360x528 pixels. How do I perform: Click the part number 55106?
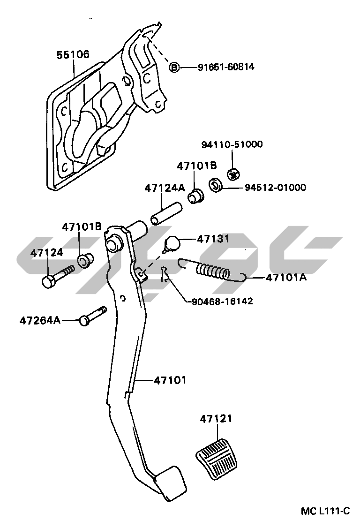point(73,55)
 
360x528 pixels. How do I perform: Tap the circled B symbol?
point(174,68)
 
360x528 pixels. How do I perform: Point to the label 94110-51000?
point(232,144)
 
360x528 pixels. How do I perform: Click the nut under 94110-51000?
point(232,174)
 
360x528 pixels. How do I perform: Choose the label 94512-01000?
point(275,188)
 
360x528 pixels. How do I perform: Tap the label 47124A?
point(165,188)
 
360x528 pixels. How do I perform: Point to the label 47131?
point(213,239)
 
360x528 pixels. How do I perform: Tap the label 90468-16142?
point(222,301)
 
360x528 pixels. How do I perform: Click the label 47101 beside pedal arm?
point(170,380)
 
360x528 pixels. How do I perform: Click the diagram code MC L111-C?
point(325,511)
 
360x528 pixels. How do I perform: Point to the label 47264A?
point(40,321)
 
